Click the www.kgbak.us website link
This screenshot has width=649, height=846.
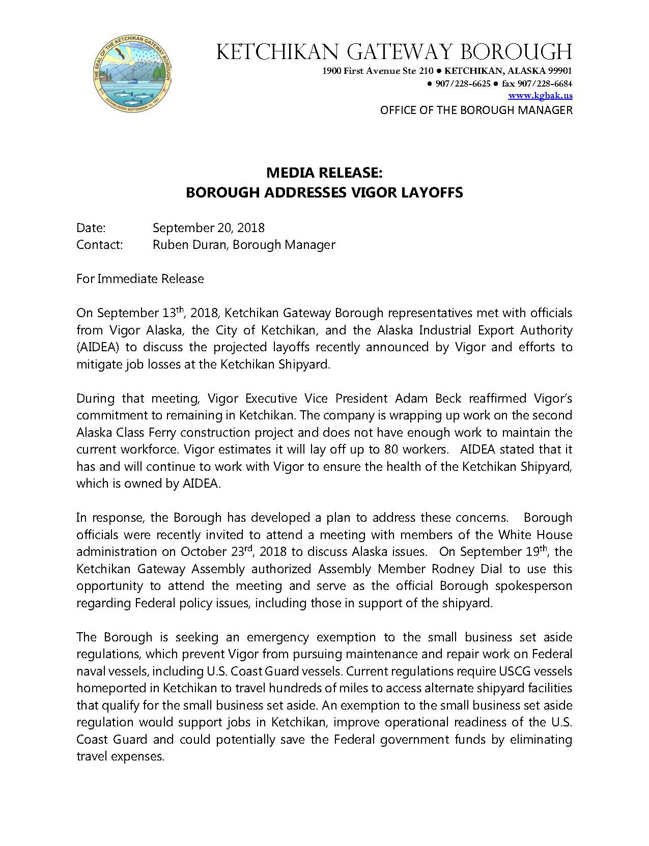[x=540, y=95]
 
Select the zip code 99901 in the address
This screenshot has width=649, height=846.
[x=559, y=71]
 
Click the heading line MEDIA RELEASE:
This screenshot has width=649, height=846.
[x=324, y=173]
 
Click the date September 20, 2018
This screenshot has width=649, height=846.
[x=208, y=228]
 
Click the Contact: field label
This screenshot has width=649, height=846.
[x=100, y=245]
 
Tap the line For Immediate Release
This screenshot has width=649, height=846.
[x=140, y=279]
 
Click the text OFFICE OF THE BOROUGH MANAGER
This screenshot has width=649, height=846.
[x=476, y=110]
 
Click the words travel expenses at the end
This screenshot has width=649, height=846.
[x=120, y=757]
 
